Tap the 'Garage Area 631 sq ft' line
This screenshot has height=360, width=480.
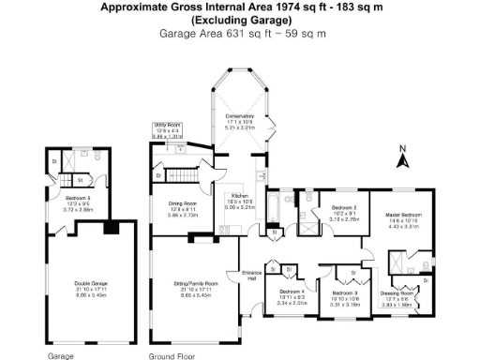pos(239,33)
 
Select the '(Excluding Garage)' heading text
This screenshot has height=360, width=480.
pos(239,20)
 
